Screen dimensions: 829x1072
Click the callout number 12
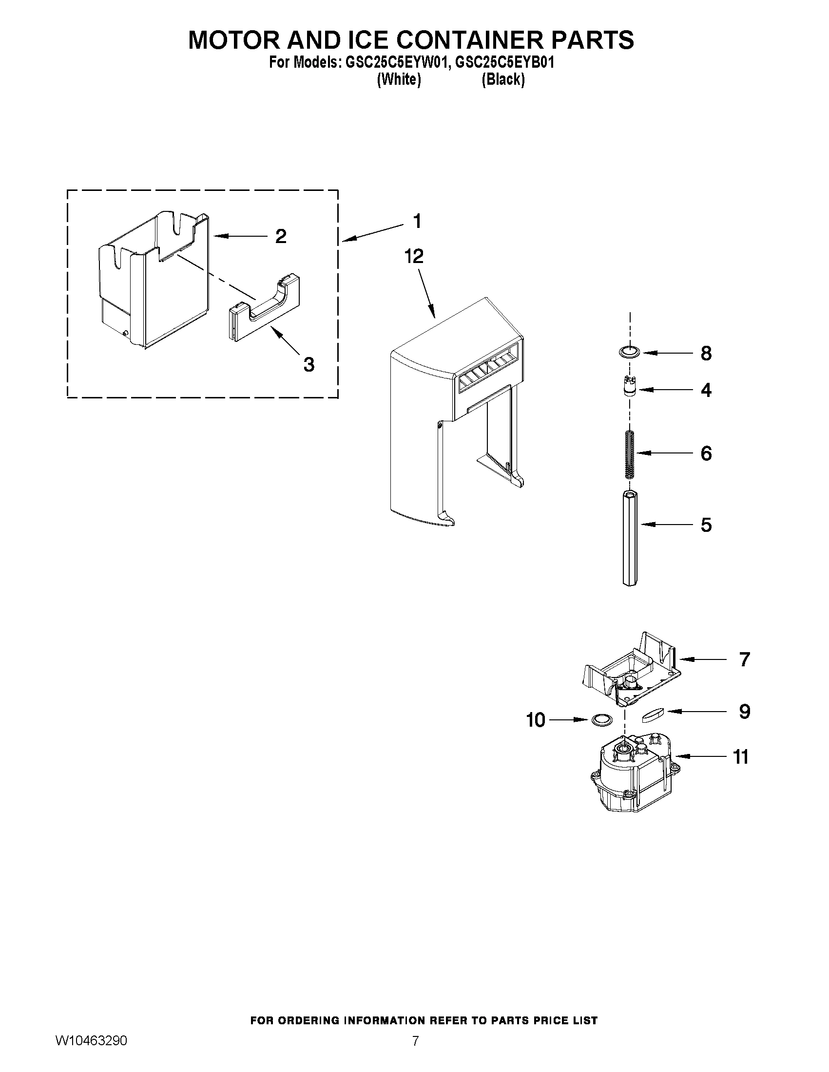point(414,256)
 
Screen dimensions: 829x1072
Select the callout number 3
point(308,364)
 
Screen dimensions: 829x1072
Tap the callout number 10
point(535,720)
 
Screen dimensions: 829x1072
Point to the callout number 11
point(741,757)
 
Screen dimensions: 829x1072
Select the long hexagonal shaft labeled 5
point(630,538)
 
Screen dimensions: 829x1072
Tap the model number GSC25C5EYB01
point(504,63)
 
